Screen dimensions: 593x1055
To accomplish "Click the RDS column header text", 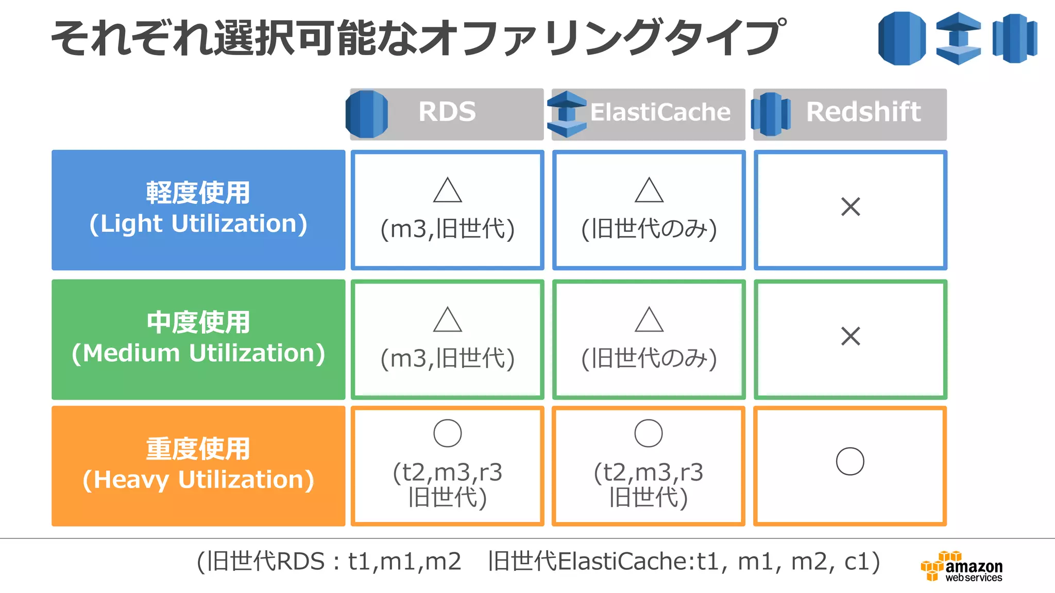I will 447,112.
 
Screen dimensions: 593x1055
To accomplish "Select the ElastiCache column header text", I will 660,112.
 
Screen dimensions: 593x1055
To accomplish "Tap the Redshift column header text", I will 863,112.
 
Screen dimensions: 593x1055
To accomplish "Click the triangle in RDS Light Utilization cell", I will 447,191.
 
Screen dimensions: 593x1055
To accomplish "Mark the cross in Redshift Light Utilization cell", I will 850,207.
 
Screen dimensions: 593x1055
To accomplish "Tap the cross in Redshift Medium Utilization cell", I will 850,336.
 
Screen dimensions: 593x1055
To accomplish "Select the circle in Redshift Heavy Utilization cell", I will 850,461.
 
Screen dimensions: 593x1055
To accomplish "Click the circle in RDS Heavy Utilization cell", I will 447,433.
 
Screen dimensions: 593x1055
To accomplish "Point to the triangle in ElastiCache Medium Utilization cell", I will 649,320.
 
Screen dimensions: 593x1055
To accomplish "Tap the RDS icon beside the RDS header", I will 367,114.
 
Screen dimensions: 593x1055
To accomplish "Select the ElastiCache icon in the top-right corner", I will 958,38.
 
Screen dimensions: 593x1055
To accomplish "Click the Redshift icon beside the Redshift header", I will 771,114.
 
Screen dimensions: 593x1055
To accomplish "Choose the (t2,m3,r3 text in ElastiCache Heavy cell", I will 649,472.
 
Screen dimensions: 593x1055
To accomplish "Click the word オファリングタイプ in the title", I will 603,38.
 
